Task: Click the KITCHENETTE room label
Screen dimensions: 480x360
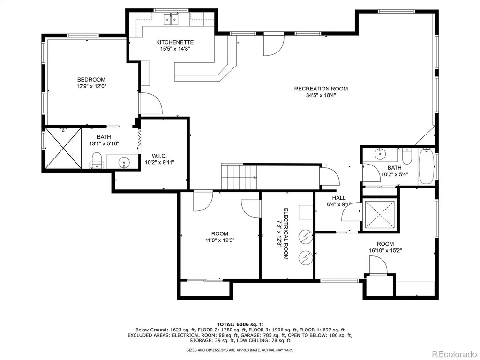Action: [x=175, y=42]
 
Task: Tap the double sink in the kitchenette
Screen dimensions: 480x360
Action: [x=171, y=19]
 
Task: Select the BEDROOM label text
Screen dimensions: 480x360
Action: [x=91, y=80]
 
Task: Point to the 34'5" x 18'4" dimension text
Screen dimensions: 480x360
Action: [x=321, y=95]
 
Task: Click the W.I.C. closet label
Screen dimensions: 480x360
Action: [x=159, y=156]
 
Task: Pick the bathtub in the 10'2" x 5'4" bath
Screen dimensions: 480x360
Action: [x=427, y=166]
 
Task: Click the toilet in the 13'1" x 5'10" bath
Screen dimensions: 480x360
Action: [x=97, y=160]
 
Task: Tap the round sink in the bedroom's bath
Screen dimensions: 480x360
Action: [x=124, y=162]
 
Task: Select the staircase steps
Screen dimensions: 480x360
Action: [x=239, y=177]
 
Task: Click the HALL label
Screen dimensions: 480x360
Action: [x=339, y=198]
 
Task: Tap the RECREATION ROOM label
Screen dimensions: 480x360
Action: [x=321, y=89]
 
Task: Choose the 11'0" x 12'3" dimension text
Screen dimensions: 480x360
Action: [x=220, y=240]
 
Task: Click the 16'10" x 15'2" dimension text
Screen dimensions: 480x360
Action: [x=385, y=250]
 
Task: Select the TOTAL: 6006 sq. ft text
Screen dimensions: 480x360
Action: [x=240, y=324]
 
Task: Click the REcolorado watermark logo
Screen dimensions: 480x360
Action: [x=454, y=354]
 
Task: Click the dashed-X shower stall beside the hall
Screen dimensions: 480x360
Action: [x=379, y=214]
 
